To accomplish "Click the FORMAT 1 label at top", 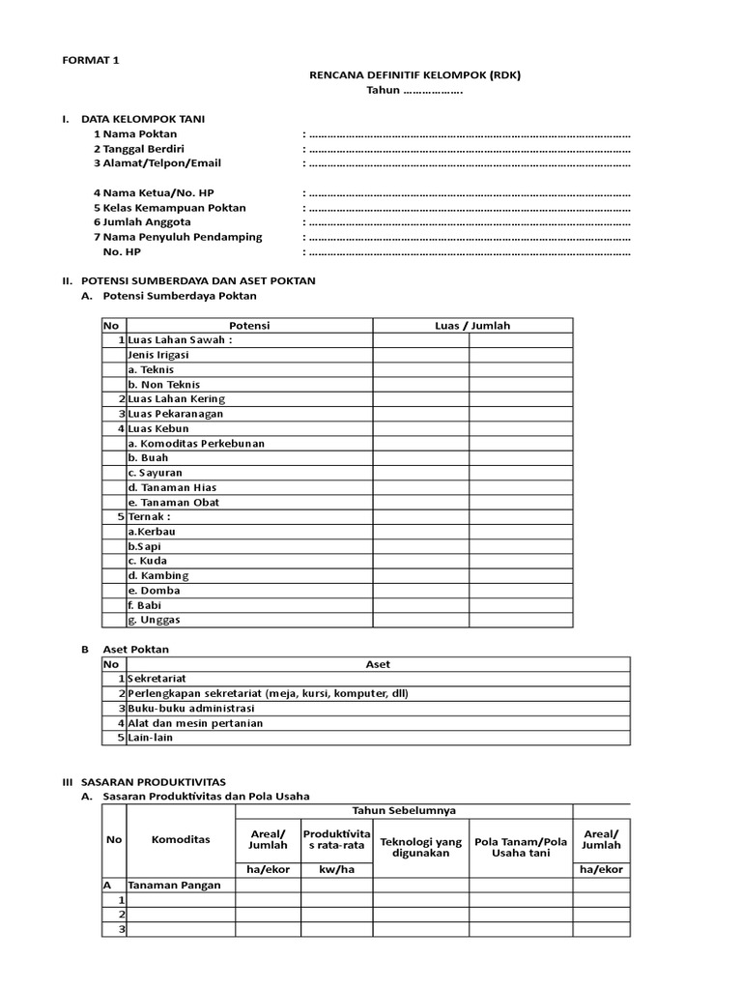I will click(x=91, y=60).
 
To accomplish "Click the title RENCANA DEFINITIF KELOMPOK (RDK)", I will click(x=414, y=74).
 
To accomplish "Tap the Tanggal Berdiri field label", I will click(x=143, y=149).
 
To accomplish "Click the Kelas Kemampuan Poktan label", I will click(x=169, y=208).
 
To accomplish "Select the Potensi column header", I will click(x=249, y=326).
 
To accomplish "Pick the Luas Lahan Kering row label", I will click(x=176, y=399).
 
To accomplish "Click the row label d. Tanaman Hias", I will click(x=172, y=487).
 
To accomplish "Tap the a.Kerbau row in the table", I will click(x=152, y=532).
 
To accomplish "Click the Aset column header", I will click(x=378, y=664).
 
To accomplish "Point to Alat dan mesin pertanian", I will click(x=195, y=723).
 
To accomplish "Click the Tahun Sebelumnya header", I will click(x=404, y=810).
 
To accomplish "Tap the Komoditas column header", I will click(x=181, y=839).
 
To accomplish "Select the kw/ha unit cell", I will click(x=336, y=869).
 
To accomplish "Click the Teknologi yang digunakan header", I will click(x=421, y=847).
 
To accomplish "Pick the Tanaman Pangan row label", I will click(x=175, y=885).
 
